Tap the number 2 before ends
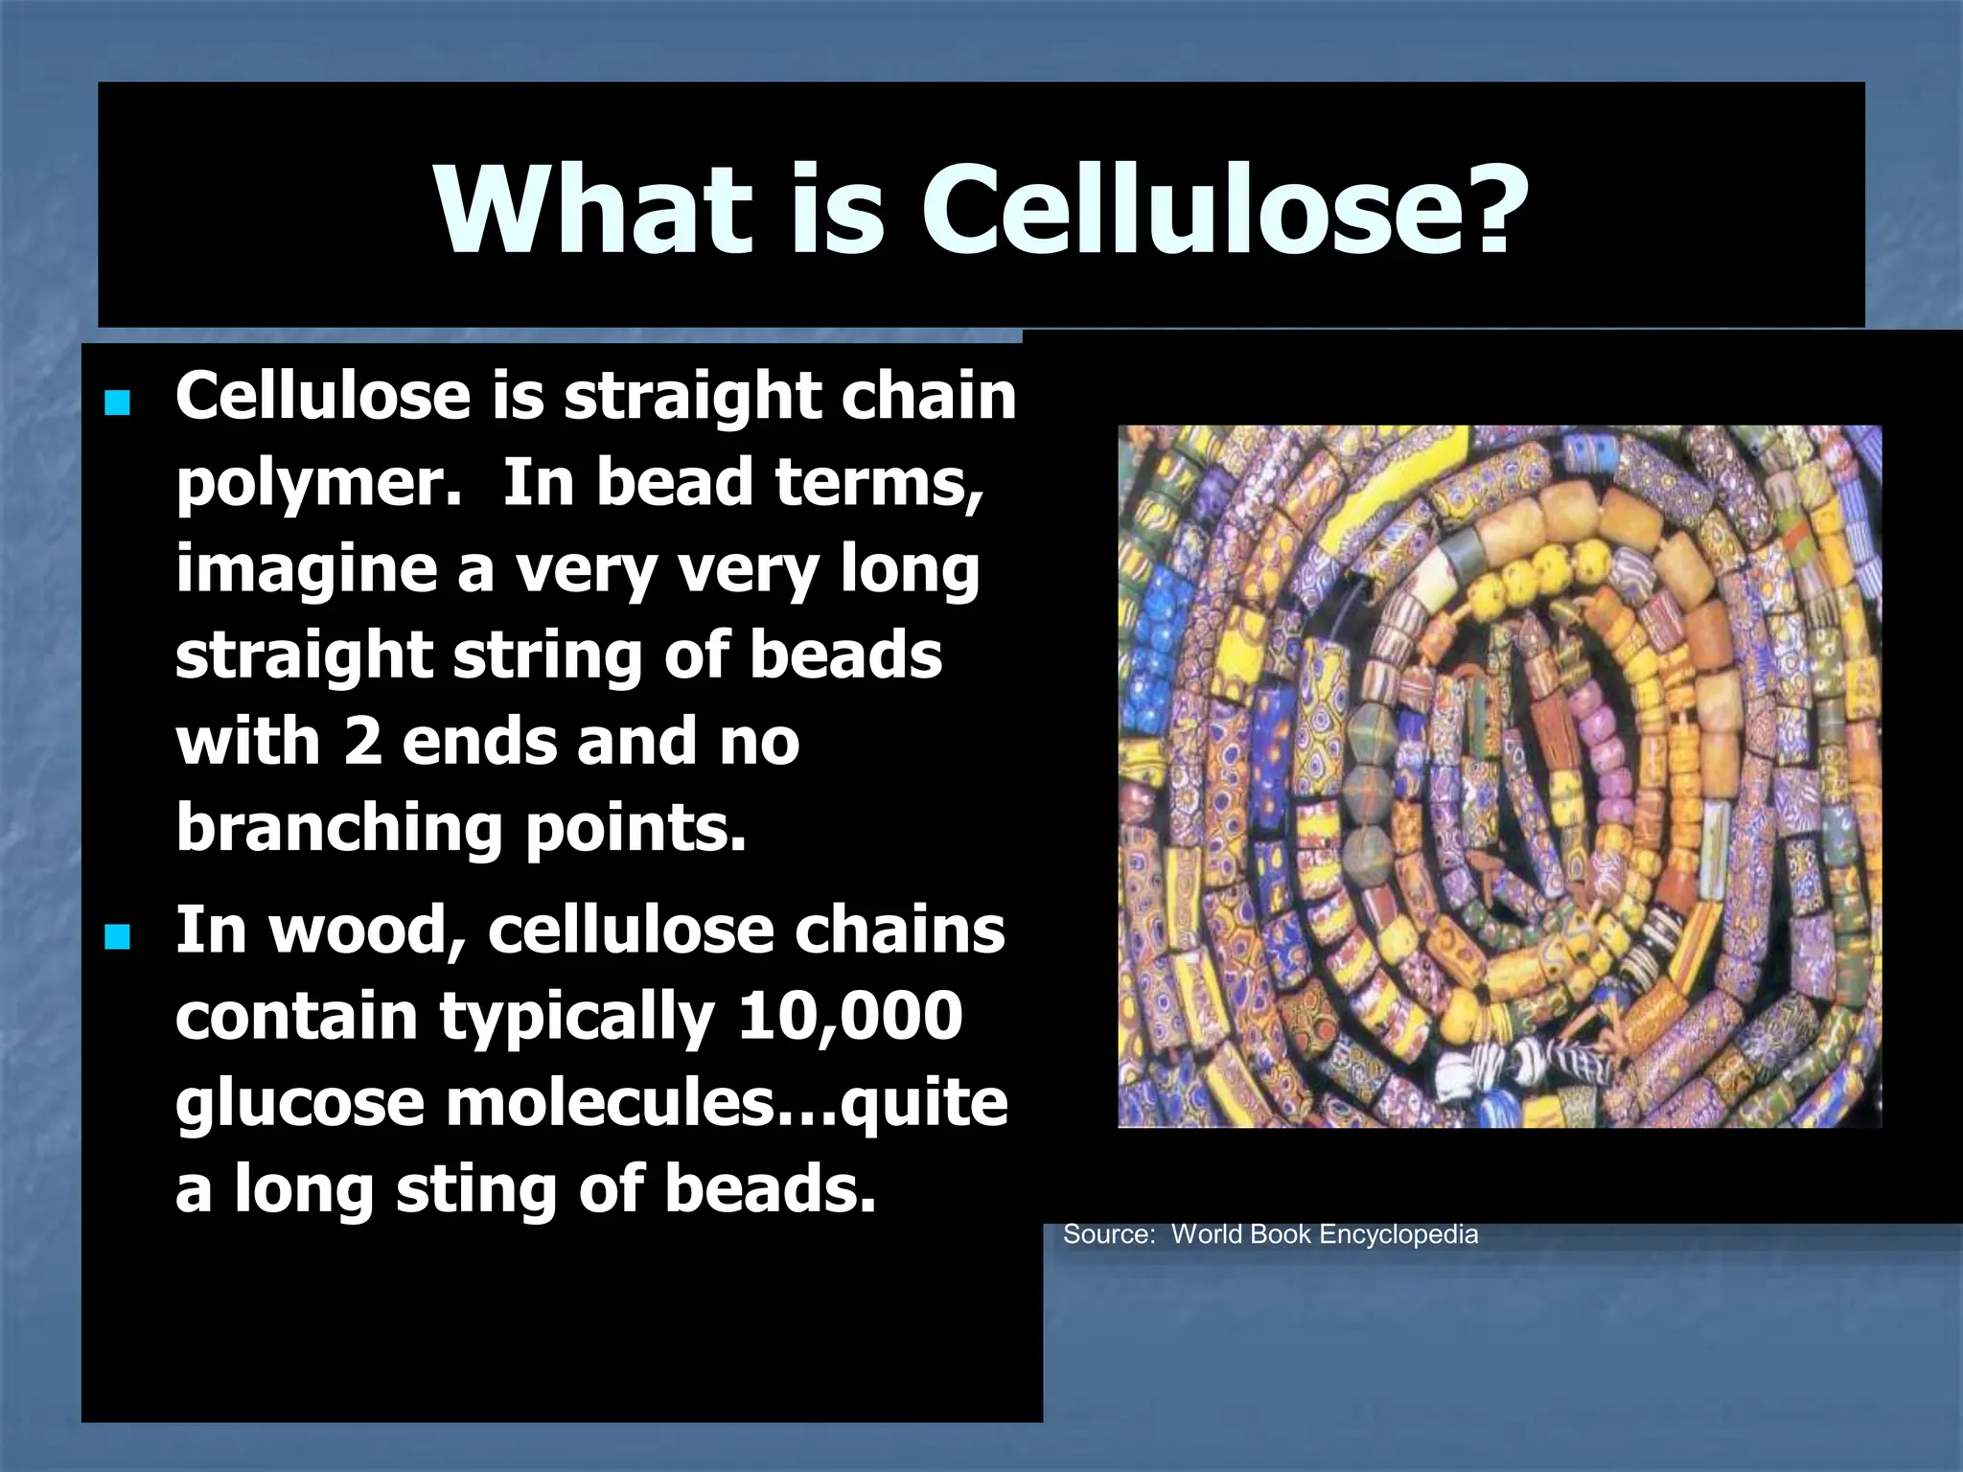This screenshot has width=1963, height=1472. click(362, 742)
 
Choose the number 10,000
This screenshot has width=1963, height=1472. click(849, 1016)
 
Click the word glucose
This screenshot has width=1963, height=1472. click(299, 1103)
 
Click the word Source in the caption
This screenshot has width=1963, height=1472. click(1108, 1234)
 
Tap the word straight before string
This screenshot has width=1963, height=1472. click(305, 656)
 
